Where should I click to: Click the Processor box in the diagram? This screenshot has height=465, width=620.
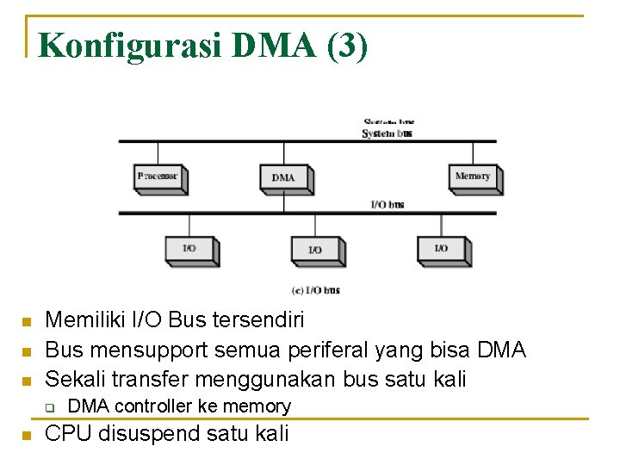tap(158, 177)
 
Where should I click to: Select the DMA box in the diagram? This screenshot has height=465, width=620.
tap(283, 177)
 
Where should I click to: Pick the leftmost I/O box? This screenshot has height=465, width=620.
tap(189, 248)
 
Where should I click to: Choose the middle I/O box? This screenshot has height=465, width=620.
tap(315, 250)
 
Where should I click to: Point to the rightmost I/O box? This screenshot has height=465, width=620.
tap(441, 248)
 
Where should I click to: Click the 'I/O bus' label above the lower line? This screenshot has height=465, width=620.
tap(387, 205)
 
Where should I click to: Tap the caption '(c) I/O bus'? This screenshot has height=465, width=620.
tap(316, 290)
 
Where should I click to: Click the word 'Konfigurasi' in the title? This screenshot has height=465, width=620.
tap(130, 45)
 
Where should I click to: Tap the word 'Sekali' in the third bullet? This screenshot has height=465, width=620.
tap(74, 378)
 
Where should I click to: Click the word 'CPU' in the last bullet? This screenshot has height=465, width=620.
tap(68, 433)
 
